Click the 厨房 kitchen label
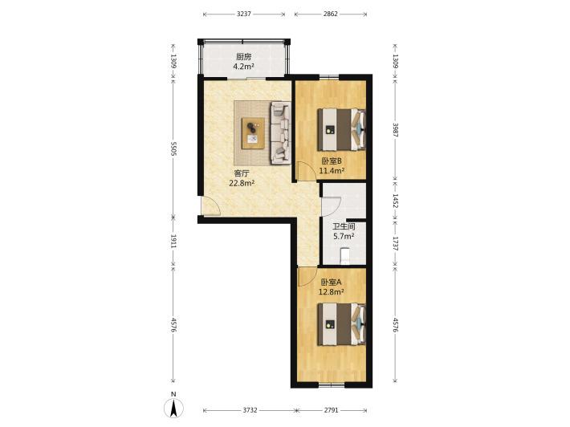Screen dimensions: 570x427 243,57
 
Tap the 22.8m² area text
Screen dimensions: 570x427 242,183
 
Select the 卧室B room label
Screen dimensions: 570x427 332,161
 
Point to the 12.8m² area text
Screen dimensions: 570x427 332,291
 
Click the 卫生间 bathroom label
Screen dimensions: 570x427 344,227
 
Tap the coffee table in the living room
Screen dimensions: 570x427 253,133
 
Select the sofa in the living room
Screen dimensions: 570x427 280,133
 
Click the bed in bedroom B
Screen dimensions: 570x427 341,130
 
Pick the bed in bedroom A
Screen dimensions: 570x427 341,324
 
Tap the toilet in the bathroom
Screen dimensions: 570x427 344,256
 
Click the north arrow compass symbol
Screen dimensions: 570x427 174,408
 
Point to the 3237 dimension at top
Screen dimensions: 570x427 243,14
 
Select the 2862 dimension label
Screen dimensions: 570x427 331,14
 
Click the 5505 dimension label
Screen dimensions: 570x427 173,149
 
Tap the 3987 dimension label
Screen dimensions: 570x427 396,130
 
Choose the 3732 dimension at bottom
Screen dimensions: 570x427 250,410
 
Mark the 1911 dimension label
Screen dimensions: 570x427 173,242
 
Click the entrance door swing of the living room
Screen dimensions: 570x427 211,205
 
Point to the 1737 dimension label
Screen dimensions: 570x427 396,243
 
